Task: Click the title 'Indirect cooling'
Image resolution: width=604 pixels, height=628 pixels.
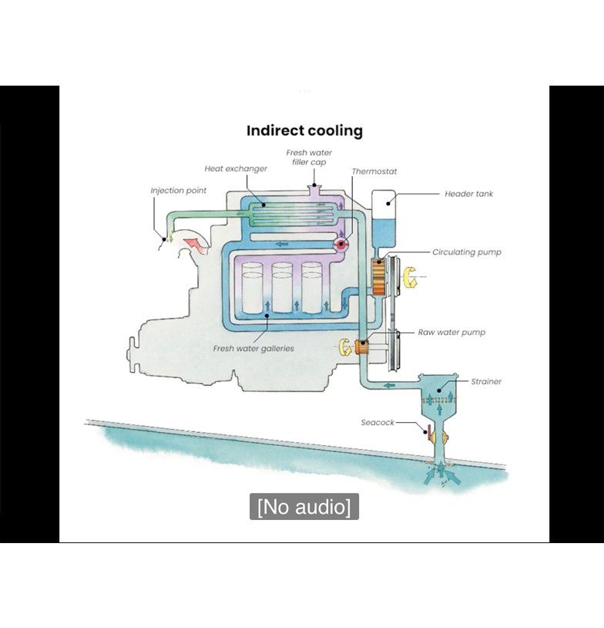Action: (304, 130)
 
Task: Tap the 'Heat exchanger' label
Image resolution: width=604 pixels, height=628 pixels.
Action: (236, 168)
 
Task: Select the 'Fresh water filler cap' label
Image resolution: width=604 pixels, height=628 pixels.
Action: (309, 157)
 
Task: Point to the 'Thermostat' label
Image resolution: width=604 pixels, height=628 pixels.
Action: (374, 171)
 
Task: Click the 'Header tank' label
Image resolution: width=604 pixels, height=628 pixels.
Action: (468, 194)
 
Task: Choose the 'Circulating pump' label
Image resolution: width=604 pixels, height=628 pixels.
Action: (467, 252)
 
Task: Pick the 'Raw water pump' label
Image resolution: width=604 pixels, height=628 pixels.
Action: (451, 333)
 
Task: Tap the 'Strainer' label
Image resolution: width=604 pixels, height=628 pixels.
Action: (486, 381)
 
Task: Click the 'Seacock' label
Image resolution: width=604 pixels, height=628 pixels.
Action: (377, 422)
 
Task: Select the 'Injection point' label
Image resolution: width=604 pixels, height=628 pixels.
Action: (178, 191)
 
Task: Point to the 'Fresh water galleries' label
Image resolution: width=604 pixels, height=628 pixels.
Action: (253, 349)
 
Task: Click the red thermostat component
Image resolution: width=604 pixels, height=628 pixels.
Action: (341, 244)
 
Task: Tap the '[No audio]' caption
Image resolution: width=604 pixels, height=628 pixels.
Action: (304, 507)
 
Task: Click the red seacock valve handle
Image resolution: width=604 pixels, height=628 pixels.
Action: (424, 431)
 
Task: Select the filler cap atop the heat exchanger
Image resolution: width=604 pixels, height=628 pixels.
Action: (312, 187)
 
